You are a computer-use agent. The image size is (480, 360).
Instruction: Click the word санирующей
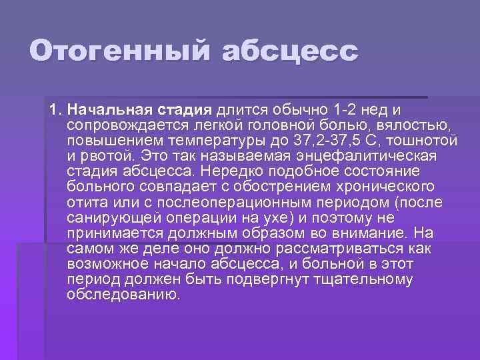click(x=107, y=217)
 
